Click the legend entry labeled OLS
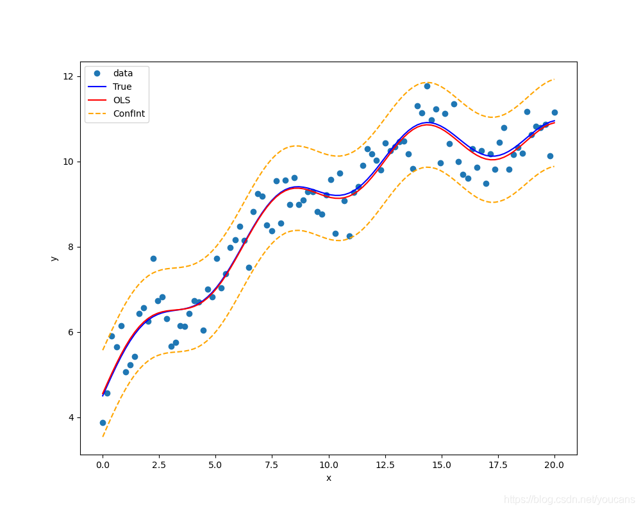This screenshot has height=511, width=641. point(122,100)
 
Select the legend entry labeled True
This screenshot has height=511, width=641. point(122,87)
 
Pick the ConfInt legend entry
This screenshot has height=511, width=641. point(129,114)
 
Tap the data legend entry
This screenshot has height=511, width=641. point(123,73)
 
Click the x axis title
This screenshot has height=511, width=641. point(329,478)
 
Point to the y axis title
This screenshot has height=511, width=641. point(54,258)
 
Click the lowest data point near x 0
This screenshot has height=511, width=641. point(103,423)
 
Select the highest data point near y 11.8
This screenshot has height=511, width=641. point(427,86)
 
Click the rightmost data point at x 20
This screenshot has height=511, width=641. point(554,112)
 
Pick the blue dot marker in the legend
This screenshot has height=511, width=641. point(97,73)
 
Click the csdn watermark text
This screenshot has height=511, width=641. point(569,499)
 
